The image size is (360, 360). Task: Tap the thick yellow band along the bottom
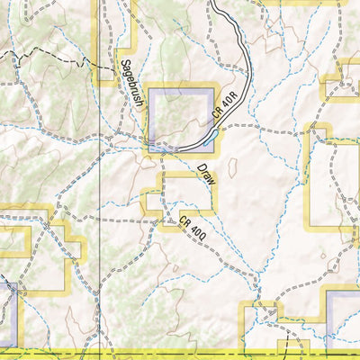click(x=180, y=353)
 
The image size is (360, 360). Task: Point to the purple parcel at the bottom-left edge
click(x=7, y=315)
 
